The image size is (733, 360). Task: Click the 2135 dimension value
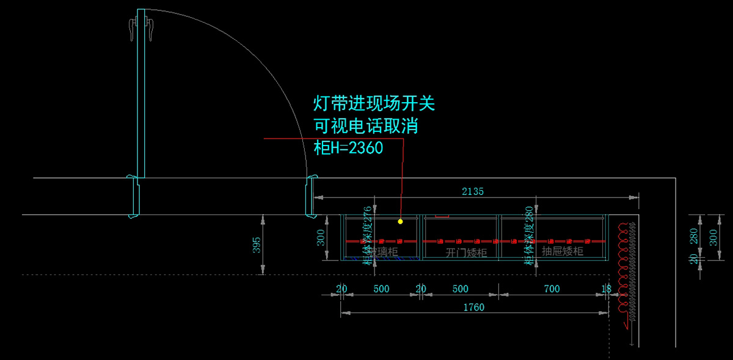pos(473,191)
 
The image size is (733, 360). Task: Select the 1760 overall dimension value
pos(474,307)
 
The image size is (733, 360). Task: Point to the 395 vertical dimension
pos(257,244)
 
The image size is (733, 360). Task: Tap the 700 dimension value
pos(551,288)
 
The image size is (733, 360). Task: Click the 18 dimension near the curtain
pos(606,288)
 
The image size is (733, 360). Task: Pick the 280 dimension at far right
pos(693,237)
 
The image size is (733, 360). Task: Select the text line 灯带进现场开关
pos(374,103)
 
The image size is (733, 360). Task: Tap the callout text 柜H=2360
pos(348,148)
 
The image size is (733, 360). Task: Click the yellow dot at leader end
pos(400,221)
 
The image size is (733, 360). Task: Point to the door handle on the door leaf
pos(133,29)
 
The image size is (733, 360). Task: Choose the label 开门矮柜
pos(466,252)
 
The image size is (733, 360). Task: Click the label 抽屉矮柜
pos(563,251)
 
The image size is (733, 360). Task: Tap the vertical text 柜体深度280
pos(529,236)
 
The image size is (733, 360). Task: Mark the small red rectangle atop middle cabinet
pos(442,216)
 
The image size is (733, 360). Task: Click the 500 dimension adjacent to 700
pos(459,288)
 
